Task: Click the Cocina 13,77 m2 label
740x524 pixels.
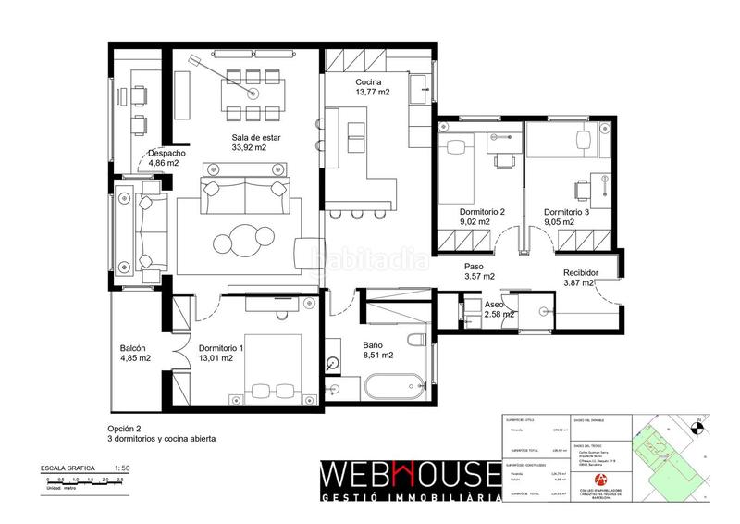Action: [x=372, y=86]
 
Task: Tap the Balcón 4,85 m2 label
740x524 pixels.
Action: [x=135, y=354]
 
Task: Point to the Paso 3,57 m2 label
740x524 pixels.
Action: [x=479, y=271]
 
